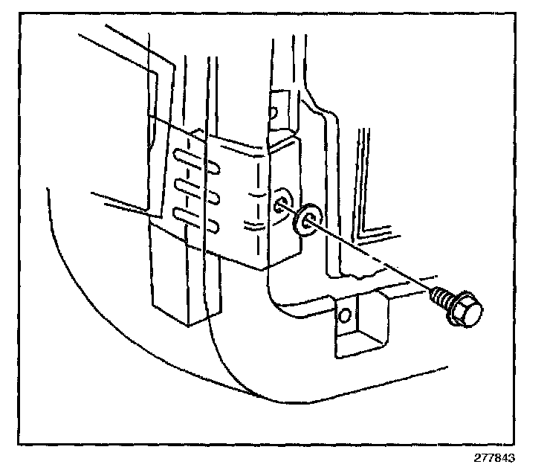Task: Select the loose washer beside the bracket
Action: pyautogui.click(x=304, y=219)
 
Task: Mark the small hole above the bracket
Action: pyautogui.click(x=273, y=113)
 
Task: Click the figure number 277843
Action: pyautogui.click(x=494, y=457)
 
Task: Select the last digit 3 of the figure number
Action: pyautogui.click(x=511, y=457)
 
